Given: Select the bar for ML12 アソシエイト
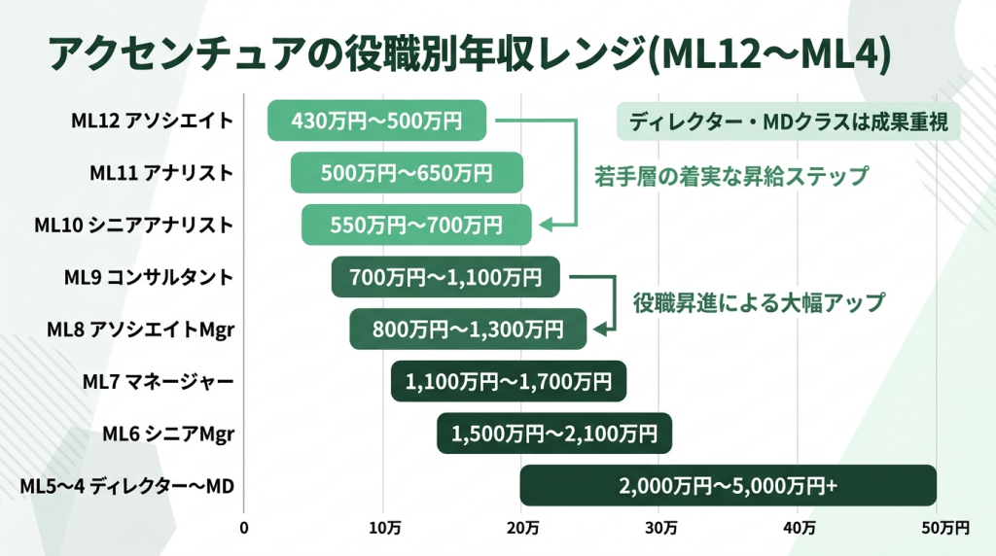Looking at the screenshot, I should point(376,121).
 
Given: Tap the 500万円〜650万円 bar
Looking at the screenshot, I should point(407,173).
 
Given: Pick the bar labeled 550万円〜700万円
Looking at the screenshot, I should point(416,226).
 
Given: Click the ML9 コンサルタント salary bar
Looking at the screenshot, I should point(445,277).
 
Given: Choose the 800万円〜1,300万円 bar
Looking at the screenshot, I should point(468,330).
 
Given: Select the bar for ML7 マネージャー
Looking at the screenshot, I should point(509,381).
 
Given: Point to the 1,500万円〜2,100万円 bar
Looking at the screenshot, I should point(553,434).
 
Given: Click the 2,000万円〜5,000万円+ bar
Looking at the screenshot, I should point(728,486).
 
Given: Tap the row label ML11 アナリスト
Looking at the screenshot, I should point(161,173).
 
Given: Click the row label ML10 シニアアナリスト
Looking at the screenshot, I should point(134,226).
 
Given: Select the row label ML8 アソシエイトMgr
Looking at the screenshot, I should point(140,330).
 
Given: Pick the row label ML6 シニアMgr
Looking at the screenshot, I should point(168,434).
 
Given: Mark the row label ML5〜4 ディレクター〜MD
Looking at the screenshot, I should point(127,486).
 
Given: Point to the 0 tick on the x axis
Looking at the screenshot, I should point(244,528).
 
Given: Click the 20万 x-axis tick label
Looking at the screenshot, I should point(522,528).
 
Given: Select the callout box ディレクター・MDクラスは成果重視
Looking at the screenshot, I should point(789,122).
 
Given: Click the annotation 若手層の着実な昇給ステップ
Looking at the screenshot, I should point(731,176).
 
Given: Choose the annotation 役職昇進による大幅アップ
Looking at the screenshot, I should point(759,302).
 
